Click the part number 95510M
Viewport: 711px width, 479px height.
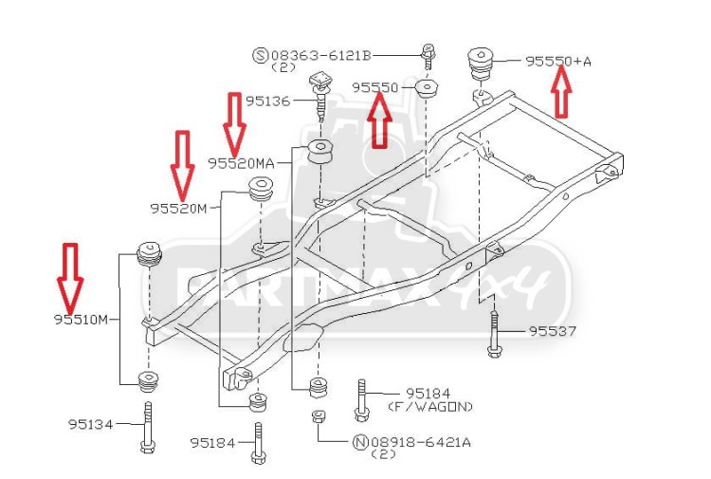point(82,320)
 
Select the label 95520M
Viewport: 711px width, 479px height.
point(178,209)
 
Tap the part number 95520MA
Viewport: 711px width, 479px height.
point(241,163)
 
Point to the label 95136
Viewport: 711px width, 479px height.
point(267,101)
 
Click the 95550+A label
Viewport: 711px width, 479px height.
point(558,62)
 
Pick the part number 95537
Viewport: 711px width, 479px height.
point(553,331)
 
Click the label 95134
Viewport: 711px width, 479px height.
point(90,425)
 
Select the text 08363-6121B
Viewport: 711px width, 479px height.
point(321,56)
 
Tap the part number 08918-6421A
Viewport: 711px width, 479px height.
point(421,442)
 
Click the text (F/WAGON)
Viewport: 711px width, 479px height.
point(430,406)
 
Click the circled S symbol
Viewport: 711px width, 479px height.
point(261,56)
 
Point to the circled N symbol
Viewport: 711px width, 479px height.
point(360,442)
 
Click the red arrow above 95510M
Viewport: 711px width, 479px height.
point(70,278)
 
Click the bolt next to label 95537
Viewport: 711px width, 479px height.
point(494,334)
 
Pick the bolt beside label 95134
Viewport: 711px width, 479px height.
point(147,427)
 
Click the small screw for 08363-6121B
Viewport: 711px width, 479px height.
point(428,56)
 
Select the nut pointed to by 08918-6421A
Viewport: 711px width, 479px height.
point(319,416)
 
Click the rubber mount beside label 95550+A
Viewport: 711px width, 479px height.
point(481,64)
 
